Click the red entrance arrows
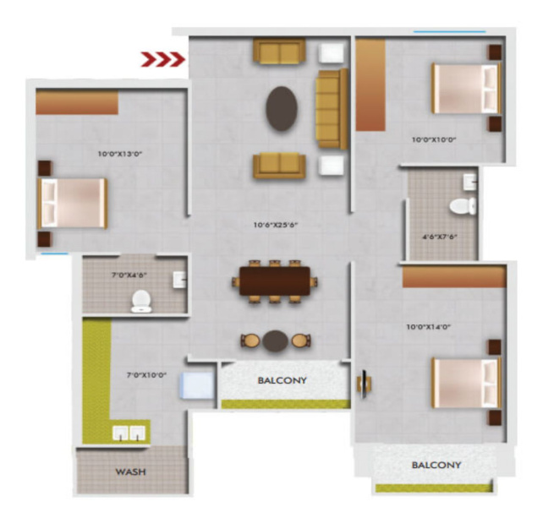163,59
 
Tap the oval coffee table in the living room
282,109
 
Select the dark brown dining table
275,281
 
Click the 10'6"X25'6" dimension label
275,225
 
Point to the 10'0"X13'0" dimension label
120,154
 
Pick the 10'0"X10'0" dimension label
434,139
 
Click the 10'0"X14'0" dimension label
428,326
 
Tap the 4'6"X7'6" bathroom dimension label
440,237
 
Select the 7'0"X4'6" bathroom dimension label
129,275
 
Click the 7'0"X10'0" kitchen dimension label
146,375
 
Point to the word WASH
131,472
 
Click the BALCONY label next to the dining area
282,380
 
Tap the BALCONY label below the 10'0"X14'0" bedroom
436,465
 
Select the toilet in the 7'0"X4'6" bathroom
141,301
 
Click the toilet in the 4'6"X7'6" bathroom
463,206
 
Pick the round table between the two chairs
275,341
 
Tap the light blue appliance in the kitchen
197,385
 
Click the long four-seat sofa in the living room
332,109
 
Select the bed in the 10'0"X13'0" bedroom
73,203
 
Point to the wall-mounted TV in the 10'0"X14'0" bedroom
364,384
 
